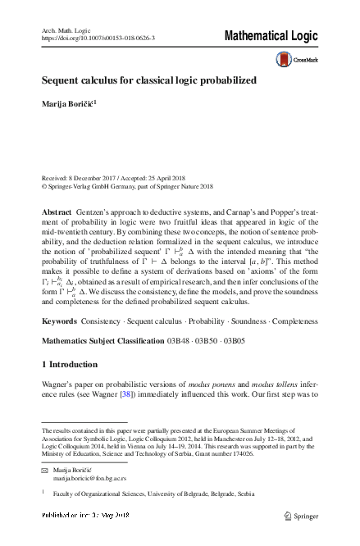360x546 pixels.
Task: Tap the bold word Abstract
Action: (x=56, y=212)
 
